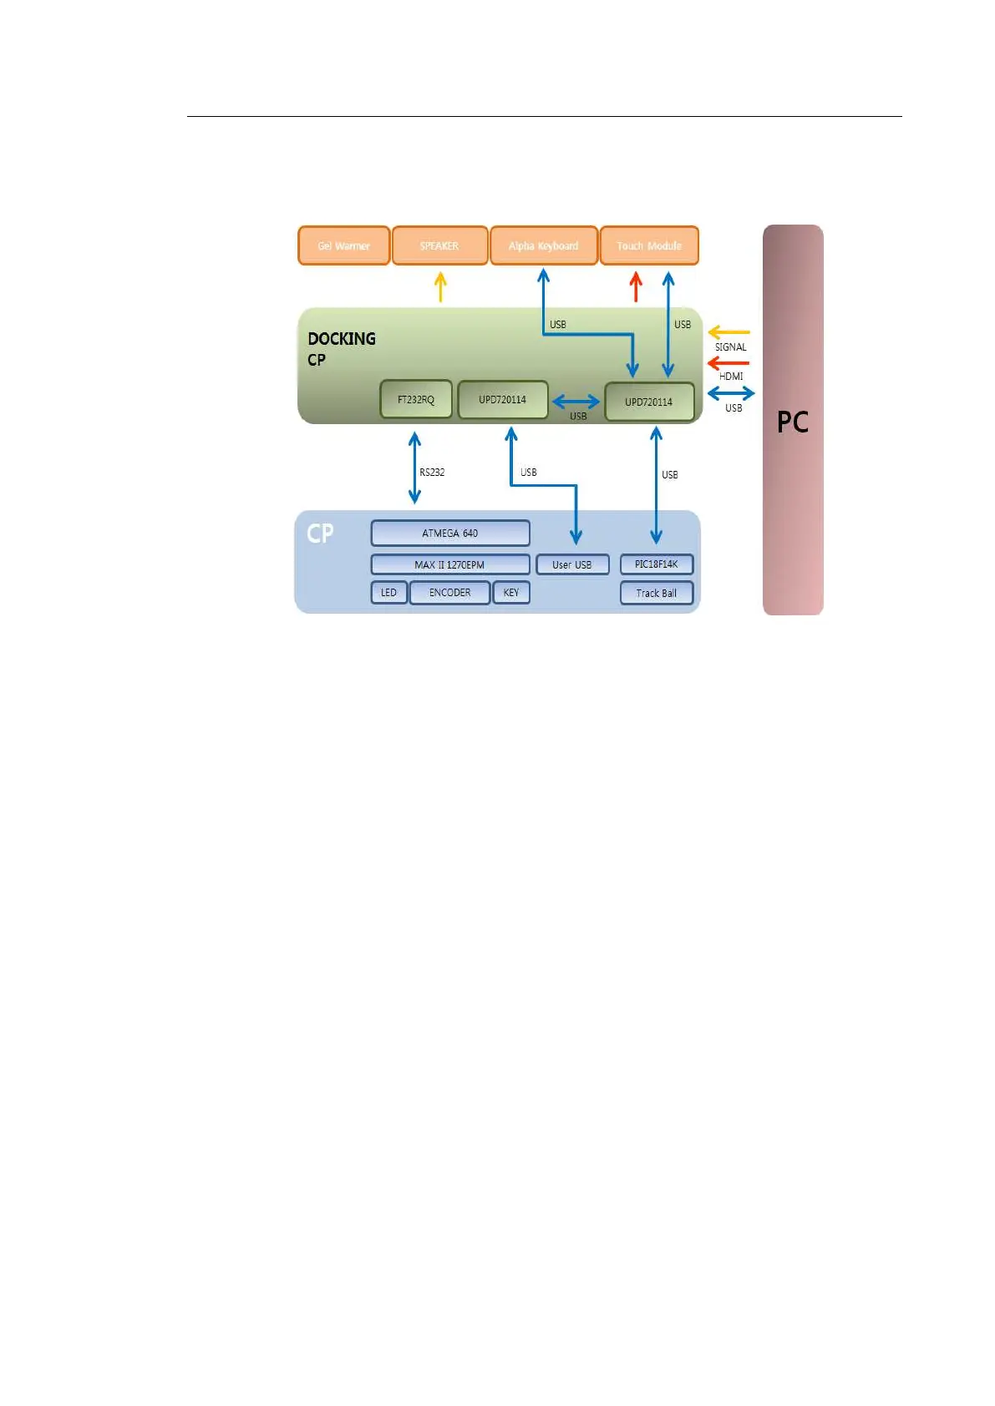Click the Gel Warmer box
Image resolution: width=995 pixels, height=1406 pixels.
click(343, 245)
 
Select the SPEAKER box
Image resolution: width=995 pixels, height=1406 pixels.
click(439, 245)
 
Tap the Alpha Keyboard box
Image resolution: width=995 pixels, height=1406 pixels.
click(543, 245)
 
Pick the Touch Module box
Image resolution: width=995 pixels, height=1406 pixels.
click(649, 245)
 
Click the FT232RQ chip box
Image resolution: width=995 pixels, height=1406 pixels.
click(416, 400)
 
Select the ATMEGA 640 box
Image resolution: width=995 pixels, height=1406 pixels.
click(449, 533)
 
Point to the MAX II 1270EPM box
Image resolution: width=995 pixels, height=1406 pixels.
click(449, 565)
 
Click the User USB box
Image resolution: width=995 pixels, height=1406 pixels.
click(572, 565)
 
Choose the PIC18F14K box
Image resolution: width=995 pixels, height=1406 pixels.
click(657, 564)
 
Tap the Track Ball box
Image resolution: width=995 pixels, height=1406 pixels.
click(657, 594)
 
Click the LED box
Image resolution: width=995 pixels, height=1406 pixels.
click(389, 593)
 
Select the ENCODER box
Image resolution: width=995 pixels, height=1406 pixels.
click(449, 593)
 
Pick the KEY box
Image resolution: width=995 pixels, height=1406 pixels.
click(511, 593)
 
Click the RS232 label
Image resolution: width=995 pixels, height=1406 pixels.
click(432, 473)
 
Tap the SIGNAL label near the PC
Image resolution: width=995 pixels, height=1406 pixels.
click(731, 347)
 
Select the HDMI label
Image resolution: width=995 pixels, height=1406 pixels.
click(731, 377)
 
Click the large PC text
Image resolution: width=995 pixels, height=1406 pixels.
click(793, 422)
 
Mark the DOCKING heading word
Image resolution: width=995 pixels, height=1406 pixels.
click(342, 339)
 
